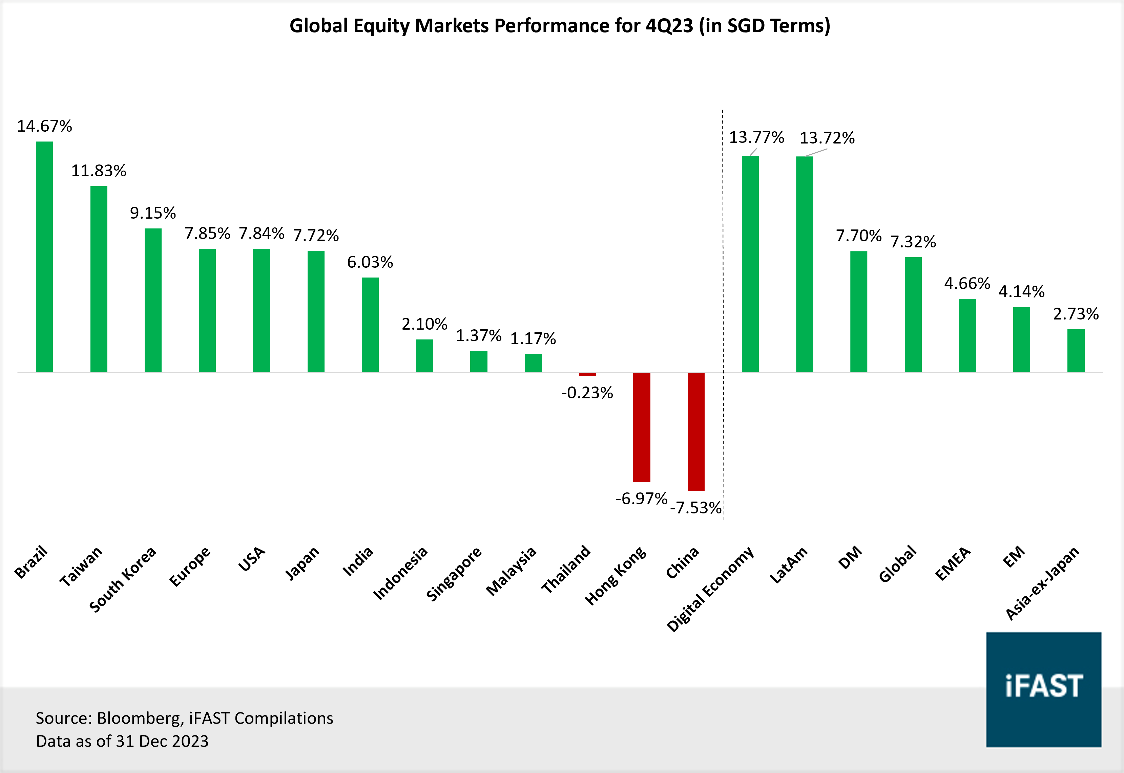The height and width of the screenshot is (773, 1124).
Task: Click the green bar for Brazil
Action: [x=44, y=257]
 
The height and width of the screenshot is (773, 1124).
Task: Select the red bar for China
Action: [x=696, y=432]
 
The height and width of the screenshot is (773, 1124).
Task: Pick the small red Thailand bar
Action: [x=587, y=374]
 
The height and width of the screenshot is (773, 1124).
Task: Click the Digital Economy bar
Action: [x=750, y=264]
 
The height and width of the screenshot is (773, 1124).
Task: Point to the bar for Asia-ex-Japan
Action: [x=1076, y=351]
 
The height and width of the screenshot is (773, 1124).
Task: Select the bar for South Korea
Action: [x=153, y=300]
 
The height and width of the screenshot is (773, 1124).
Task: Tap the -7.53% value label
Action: [x=696, y=508]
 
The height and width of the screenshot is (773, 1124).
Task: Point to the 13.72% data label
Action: [x=827, y=138]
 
